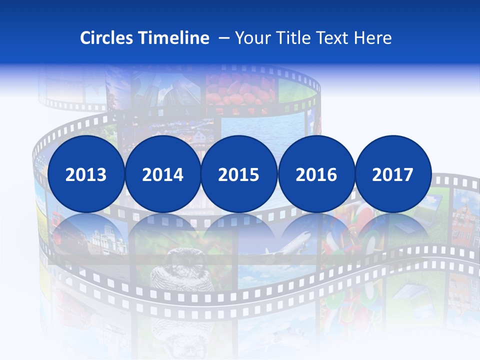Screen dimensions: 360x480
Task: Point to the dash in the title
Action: pos(224,38)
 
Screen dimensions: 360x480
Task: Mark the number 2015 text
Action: pos(239,175)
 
